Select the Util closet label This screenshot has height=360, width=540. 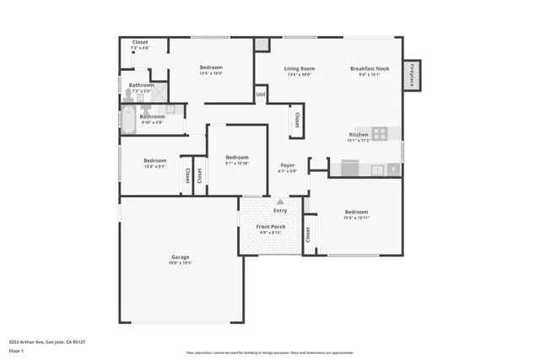[x=261, y=94]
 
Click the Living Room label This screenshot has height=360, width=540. [x=299, y=68]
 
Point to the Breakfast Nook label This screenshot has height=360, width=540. [x=370, y=68]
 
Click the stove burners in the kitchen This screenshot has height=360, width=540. [x=381, y=133]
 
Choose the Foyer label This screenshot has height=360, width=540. [x=287, y=165]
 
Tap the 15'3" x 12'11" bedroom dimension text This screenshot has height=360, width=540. [x=356, y=218]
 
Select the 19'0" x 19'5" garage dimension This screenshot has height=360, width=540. [x=180, y=263]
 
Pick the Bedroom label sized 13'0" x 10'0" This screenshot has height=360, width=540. [x=211, y=67]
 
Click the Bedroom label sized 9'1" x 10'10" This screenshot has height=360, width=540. [x=237, y=158]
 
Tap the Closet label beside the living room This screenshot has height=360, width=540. [x=297, y=122]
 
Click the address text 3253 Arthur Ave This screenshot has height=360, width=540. [x=47, y=342]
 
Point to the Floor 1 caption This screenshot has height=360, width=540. [x=16, y=350]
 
